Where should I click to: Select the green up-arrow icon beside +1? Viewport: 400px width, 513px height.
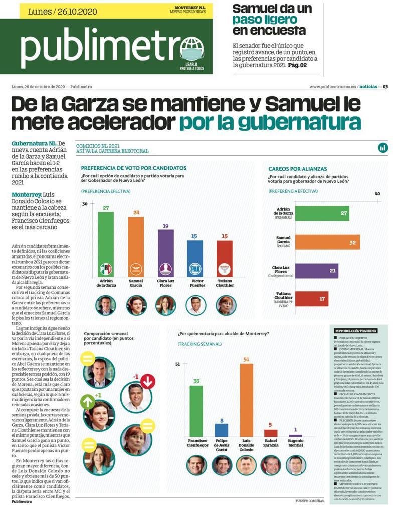[88, 402]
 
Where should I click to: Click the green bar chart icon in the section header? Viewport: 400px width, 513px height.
[383, 147]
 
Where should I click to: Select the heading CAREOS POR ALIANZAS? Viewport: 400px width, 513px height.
[298, 169]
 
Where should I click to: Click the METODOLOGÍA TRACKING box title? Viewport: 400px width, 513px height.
[357, 331]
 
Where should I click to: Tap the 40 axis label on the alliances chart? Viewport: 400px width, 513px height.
[377, 194]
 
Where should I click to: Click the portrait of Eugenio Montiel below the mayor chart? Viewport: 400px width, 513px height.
[296, 465]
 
